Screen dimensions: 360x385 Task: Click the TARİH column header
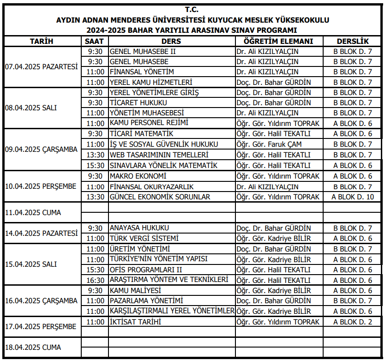pyautogui.click(x=42, y=41)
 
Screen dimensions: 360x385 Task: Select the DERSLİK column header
pyautogui.click(x=353, y=41)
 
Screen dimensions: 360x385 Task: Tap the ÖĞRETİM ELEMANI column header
pyautogui.click(x=278, y=41)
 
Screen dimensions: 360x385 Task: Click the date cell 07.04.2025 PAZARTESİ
pyautogui.click(x=42, y=66)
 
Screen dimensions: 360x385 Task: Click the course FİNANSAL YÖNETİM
pyautogui.click(x=142, y=72)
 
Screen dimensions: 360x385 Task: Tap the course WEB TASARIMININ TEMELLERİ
pyautogui.click(x=159, y=155)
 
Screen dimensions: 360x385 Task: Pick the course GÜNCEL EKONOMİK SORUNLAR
pyautogui.click(x=160, y=197)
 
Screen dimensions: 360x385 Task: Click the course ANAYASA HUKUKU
pyautogui.click(x=139, y=228)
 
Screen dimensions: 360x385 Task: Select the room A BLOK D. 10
pyautogui.click(x=353, y=197)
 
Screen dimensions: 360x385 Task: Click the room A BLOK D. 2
pyautogui.click(x=353, y=322)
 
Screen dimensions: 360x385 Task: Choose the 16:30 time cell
pyautogui.click(x=95, y=280)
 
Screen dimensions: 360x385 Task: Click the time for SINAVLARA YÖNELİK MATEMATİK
pyautogui.click(x=95, y=165)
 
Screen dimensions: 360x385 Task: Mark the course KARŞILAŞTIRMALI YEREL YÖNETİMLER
pyautogui.click(x=172, y=311)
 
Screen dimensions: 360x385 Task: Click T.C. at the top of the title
pyautogui.click(x=192, y=9)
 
